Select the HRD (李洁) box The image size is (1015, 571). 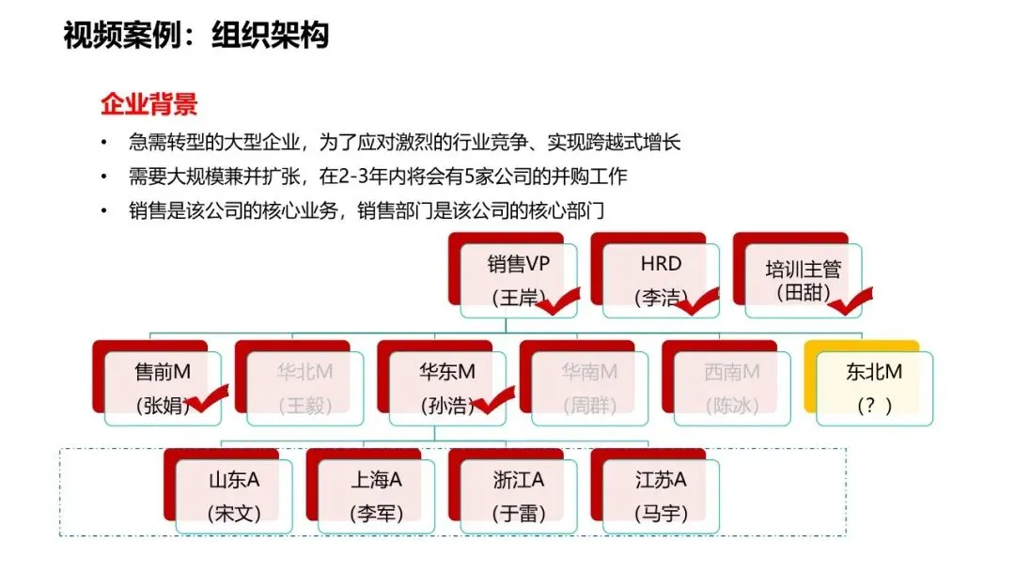click(x=660, y=280)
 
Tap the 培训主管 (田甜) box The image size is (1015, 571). click(x=803, y=280)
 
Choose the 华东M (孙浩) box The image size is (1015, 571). click(x=447, y=387)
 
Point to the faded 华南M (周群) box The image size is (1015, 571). click(x=590, y=387)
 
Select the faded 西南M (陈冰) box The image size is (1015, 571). click(x=732, y=387)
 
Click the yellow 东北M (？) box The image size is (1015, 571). click(x=874, y=387)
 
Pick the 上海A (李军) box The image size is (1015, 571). click(x=377, y=496)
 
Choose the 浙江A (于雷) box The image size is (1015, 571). click(x=519, y=496)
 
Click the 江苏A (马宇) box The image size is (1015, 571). click(x=662, y=496)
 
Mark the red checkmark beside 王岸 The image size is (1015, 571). click(x=556, y=301)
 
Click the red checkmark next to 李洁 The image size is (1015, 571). click(x=696, y=301)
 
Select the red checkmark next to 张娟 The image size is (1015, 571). click(x=210, y=401)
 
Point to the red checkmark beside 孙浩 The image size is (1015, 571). click(x=492, y=401)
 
